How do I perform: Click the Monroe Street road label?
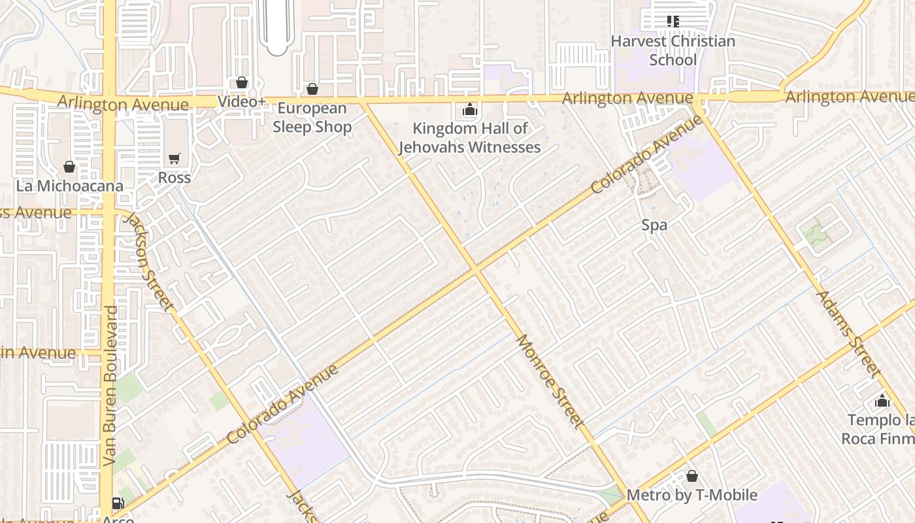(x=550, y=380)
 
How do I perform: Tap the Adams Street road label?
(x=847, y=333)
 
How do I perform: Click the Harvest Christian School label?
(x=673, y=50)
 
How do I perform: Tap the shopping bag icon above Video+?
(x=242, y=82)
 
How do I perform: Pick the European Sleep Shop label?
(x=312, y=118)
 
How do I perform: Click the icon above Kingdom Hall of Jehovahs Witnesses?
(x=469, y=110)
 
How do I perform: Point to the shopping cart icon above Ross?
(x=174, y=159)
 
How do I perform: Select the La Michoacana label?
(x=69, y=186)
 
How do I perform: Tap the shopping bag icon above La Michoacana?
(x=69, y=167)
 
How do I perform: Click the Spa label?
(x=654, y=226)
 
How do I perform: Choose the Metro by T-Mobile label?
(x=691, y=495)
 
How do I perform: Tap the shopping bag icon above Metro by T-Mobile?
(x=691, y=476)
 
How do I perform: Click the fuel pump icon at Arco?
(x=118, y=503)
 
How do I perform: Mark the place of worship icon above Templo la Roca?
(x=882, y=401)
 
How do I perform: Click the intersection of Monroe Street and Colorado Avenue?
(x=476, y=269)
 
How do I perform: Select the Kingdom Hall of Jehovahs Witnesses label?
(x=469, y=138)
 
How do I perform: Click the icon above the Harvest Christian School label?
(x=673, y=22)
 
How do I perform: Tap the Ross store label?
(x=174, y=178)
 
